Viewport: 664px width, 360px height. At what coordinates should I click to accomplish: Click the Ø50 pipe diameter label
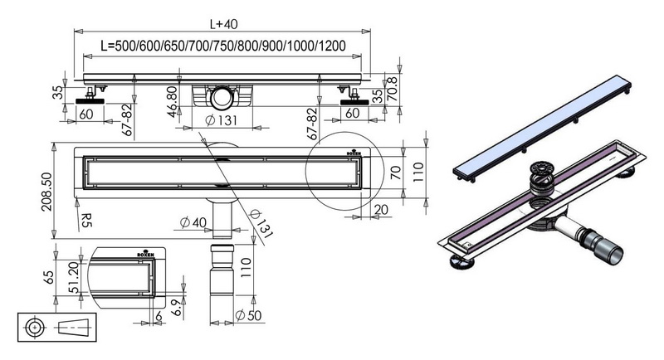click(x=248, y=316)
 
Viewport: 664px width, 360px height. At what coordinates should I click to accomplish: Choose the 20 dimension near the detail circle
click(x=385, y=210)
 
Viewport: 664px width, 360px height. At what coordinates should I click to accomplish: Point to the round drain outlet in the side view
click(x=221, y=99)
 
